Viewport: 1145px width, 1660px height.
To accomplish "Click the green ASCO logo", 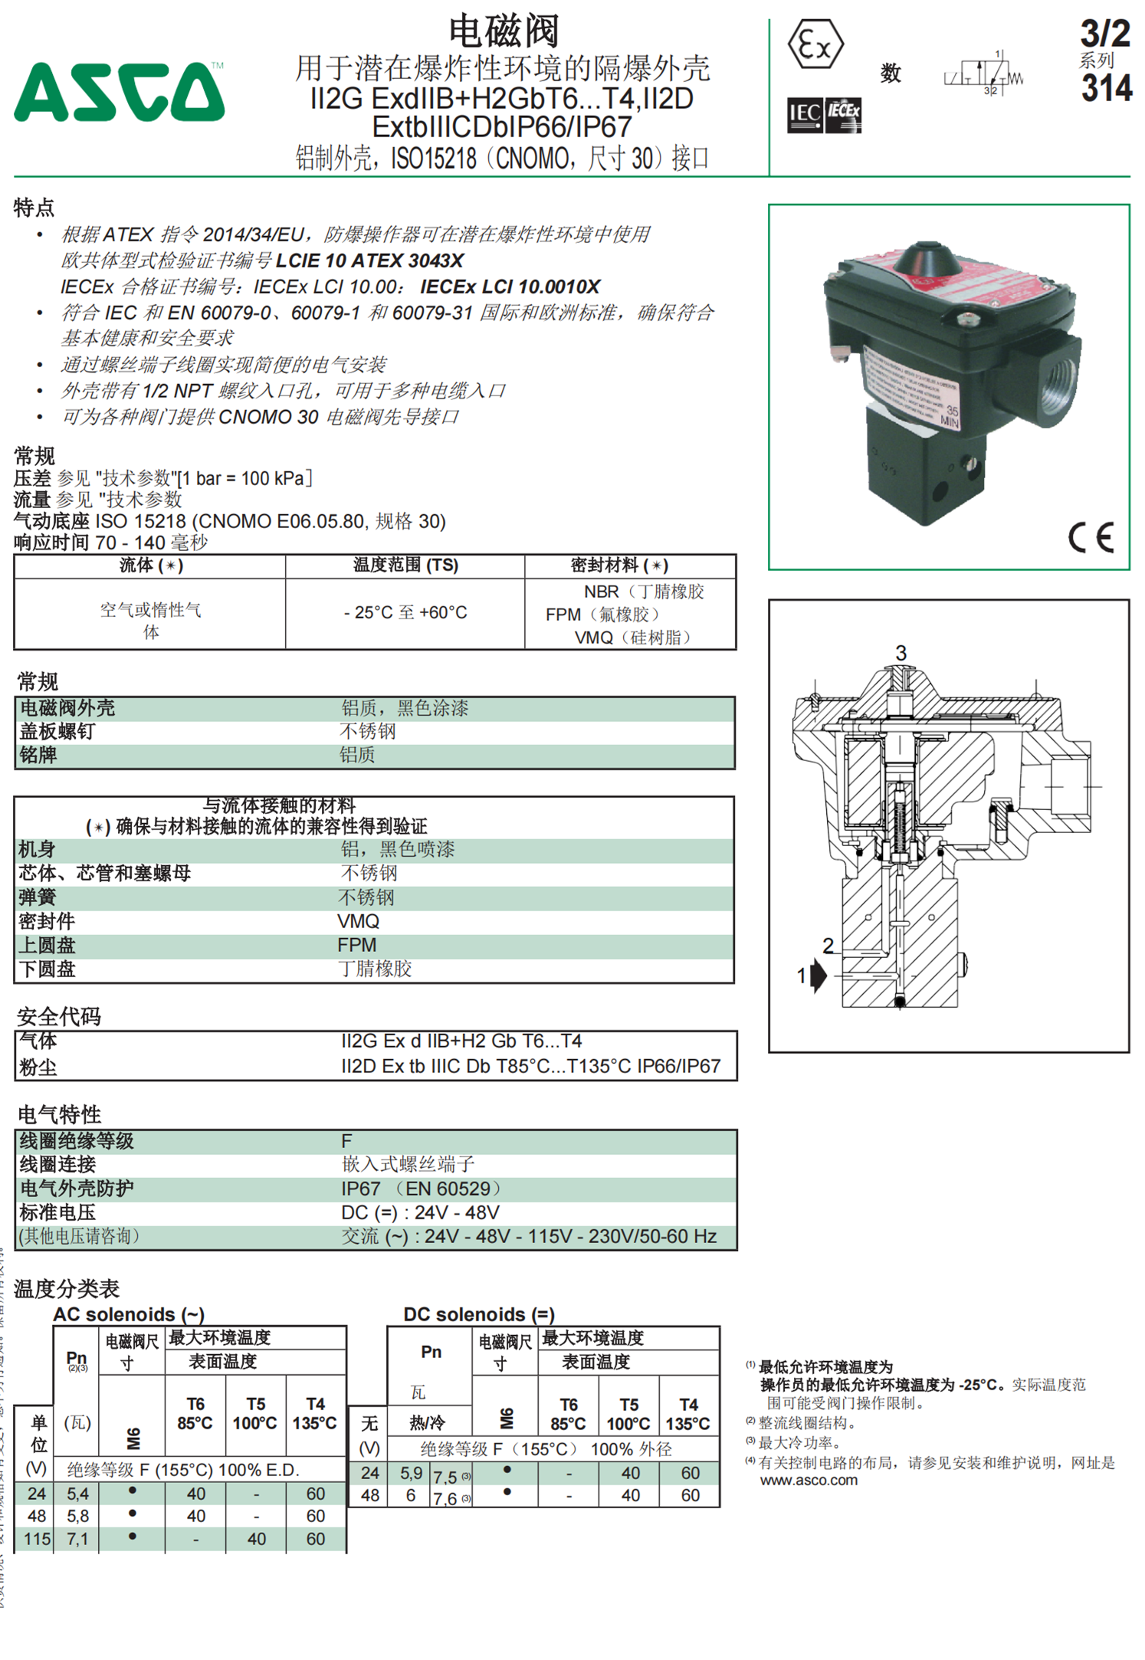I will (119, 93).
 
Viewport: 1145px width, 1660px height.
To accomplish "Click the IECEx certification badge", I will (843, 116).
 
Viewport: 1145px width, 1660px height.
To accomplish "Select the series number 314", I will (1106, 88).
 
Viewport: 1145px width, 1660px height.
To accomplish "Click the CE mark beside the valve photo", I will (1091, 537).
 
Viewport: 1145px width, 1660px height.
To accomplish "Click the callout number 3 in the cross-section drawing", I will (901, 653).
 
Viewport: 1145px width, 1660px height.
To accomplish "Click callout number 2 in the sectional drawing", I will (828, 946).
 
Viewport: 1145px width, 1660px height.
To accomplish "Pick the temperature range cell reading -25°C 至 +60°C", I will (405, 613).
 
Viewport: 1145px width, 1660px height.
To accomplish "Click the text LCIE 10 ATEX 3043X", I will (369, 261).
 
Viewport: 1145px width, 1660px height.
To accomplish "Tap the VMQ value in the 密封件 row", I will (358, 921).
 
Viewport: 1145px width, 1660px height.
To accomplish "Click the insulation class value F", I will (346, 1141).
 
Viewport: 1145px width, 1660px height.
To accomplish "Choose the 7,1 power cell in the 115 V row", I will (77, 1539).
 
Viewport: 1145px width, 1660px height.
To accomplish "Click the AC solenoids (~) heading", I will (129, 1314).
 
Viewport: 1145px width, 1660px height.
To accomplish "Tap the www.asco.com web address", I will (809, 1481).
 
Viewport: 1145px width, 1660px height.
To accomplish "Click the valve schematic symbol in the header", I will (984, 74).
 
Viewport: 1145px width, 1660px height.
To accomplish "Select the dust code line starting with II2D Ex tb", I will (530, 1066).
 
